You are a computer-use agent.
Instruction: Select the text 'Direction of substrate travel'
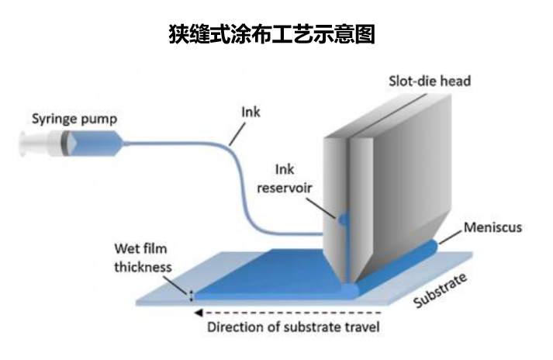pos(293,327)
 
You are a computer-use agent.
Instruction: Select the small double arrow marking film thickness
pos(190,294)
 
